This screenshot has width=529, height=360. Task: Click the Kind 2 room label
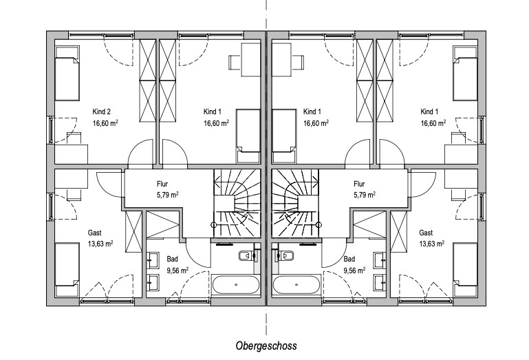(102, 112)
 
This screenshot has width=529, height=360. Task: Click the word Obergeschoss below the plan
(266, 346)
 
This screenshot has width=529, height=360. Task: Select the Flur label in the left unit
(162, 184)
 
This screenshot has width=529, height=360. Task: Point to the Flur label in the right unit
(359, 184)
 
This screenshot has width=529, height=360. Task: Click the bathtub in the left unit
(237, 284)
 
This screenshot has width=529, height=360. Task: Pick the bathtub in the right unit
(296, 284)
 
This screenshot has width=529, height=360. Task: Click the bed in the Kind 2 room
(68, 73)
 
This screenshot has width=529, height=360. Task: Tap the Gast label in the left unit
(94, 233)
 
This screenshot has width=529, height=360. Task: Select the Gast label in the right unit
(426, 233)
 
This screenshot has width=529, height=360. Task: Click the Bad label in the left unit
(172, 259)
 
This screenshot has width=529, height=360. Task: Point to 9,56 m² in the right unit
(354, 271)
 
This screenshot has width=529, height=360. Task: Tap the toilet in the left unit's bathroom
(245, 257)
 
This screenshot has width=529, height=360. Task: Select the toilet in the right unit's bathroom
(285, 257)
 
